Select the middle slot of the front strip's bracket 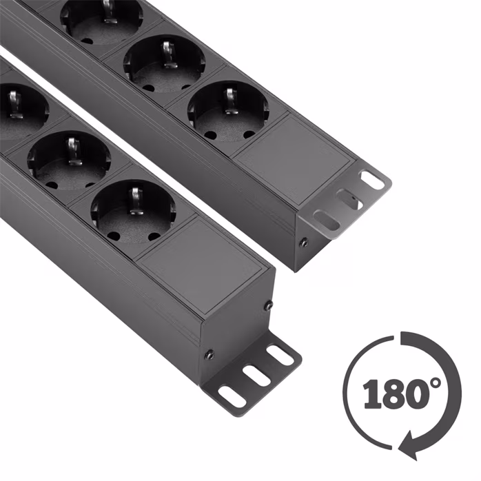[x=256, y=375]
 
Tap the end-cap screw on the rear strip [x=304, y=243]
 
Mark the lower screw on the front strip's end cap [x=209, y=355]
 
